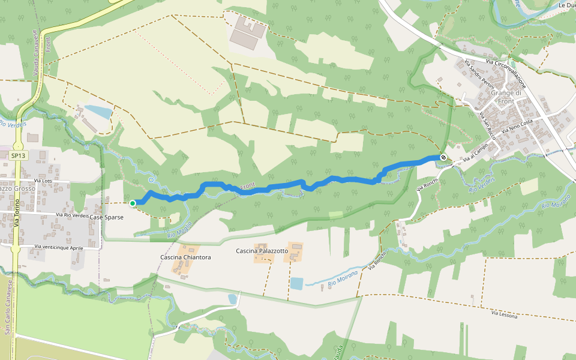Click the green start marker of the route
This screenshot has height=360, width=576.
tap(133, 203)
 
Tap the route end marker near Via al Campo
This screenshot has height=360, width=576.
tap(443, 157)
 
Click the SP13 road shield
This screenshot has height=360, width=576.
tap(18, 155)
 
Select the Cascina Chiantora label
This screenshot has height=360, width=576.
tap(185, 257)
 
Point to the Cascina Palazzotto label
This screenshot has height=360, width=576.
tap(262, 251)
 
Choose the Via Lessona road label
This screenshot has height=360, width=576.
tap(504, 314)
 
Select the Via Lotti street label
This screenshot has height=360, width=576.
tap(44, 181)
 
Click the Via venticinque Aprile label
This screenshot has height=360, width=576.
tap(59, 247)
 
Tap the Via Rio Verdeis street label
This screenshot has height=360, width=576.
tap(72, 215)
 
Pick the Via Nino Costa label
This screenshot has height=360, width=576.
tap(517, 126)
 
